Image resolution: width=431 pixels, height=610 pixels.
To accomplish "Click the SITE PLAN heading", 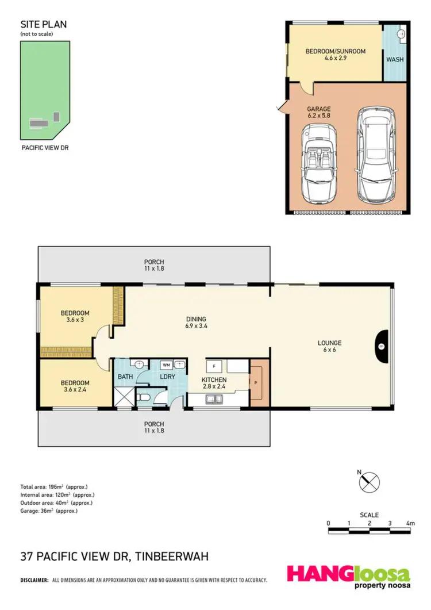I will coord(44,24).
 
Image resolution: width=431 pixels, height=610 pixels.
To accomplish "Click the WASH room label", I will coord(394,59).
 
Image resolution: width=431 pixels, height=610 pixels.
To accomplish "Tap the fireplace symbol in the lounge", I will coord(381,346).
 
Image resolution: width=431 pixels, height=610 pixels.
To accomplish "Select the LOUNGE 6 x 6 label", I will coord(329,347).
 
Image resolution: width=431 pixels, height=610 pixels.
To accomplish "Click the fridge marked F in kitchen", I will coord(214,366).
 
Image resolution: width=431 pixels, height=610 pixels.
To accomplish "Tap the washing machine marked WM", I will coord(166,365).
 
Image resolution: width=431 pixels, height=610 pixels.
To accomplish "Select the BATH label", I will coord(125,377).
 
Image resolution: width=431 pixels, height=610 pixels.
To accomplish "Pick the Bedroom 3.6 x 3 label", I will coord(75,317).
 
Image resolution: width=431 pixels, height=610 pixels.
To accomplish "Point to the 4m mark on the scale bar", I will coord(410,523).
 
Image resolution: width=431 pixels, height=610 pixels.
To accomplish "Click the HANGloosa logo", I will coord(349,577).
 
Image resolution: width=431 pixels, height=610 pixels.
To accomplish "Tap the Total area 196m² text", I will coord(54,487).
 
